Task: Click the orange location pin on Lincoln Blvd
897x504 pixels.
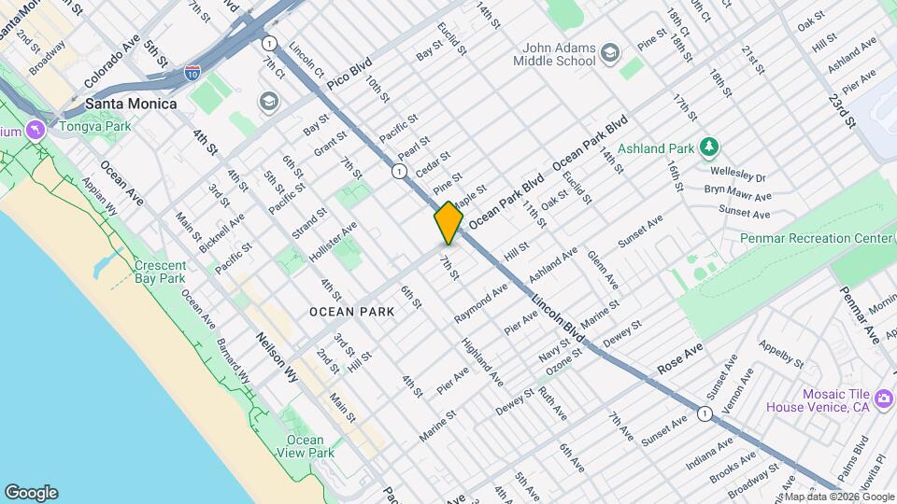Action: click(x=448, y=224)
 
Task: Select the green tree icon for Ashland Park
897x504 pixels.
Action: click(x=710, y=147)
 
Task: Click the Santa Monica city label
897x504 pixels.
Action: click(x=130, y=104)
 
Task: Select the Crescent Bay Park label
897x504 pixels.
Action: click(x=160, y=272)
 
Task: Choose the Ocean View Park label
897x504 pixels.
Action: click(x=306, y=446)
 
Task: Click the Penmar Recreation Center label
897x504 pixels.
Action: click(x=816, y=239)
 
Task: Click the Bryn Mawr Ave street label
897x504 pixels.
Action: click(x=737, y=194)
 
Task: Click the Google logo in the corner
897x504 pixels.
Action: click(x=30, y=492)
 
